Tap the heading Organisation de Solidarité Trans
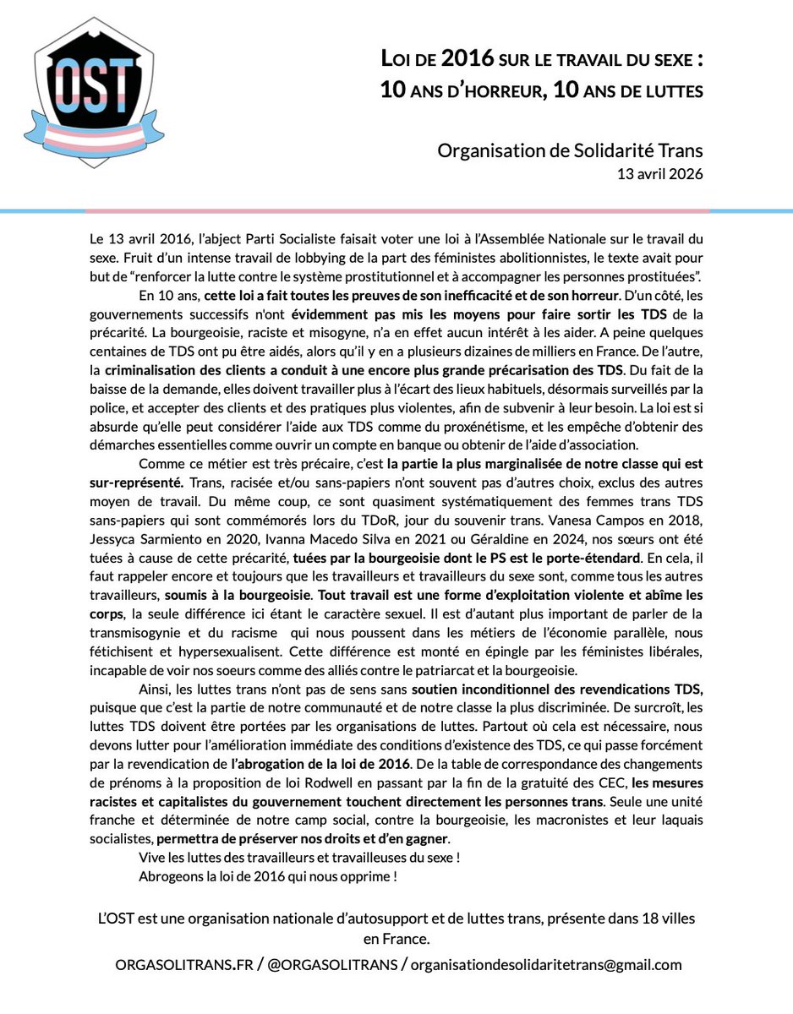click(x=571, y=150)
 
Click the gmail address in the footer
click(x=546, y=964)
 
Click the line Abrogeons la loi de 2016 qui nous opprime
click(x=268, y=875)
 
